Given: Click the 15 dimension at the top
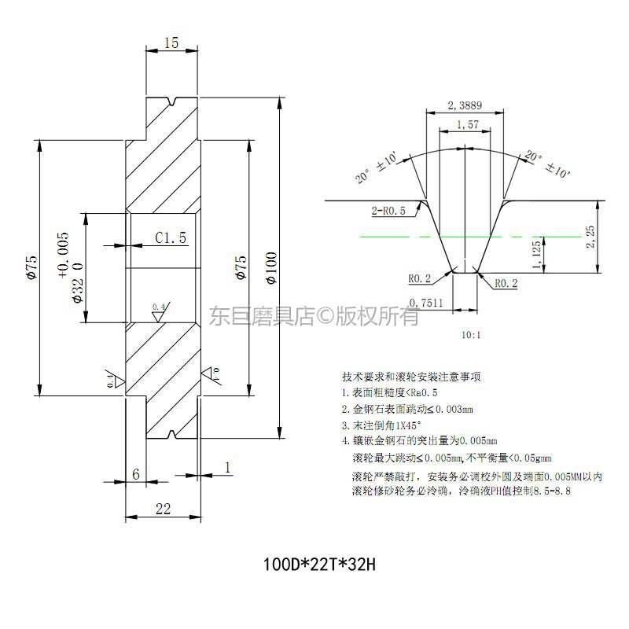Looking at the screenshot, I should pos(171,43).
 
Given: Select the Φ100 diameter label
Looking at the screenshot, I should pos(270,268).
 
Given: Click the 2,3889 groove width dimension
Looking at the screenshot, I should pos(464,105).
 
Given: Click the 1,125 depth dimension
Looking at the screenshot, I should pos(538,256).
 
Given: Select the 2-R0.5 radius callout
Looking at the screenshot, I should pos(388,211).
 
